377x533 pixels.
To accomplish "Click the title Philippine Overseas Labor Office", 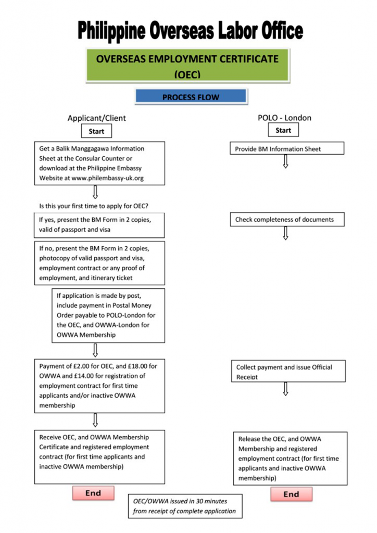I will pos(190,31).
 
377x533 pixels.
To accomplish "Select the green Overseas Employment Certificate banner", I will pos(187,66).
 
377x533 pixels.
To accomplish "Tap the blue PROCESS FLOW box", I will pos(191,97).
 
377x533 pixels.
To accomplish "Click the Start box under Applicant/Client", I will pos(96,131).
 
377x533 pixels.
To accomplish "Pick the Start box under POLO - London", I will pos(283,130).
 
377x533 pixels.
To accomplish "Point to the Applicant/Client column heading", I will pos(97,118).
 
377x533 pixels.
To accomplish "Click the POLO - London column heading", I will pos(284,118).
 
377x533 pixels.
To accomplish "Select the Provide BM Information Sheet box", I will pos(287,149).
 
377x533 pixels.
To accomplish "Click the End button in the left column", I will pos(93,493).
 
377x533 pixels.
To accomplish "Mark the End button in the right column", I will pos(291,494).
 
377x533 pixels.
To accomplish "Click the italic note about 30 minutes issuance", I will pos(185,506).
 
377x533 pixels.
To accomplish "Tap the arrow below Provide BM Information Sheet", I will pos(285,161).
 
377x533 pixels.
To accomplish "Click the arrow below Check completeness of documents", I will pos(285,233).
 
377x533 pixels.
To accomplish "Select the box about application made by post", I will pos(108,315).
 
